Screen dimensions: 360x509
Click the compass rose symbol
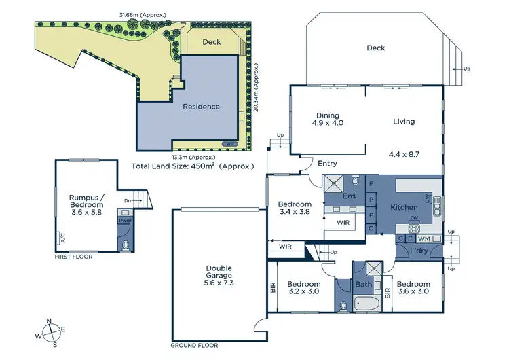pyautogui.click(x=50, y=332)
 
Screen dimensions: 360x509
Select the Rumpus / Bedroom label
pyautogui.click(x=86, y=204)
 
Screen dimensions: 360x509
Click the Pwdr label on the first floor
pyautogui.click(x=125, y=221)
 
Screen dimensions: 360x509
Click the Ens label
pyautogui.click(x=349, y=196)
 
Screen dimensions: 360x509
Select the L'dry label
pyautogui.click(x=419, y=252)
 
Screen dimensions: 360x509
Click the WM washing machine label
pyautogui.click(x=423, y=238)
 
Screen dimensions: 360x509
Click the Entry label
pyautogui.click(x=327, y=163)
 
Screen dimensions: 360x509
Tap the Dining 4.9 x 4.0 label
pyautogui.click(x=328, y=119)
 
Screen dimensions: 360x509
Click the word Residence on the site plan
pyautogui.click(x=201, y=106)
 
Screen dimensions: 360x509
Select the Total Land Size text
pyautogui.click(x=193, y=166)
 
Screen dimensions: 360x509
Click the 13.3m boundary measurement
pyautogui.click(x=191, y=156)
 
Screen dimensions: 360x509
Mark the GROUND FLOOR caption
pyautogui.click(x=193, y=346)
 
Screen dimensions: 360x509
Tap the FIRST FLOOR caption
pyautogui.click(x=74, y=257)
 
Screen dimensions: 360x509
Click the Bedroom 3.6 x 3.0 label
pyautogui.click(x=413, y=287)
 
